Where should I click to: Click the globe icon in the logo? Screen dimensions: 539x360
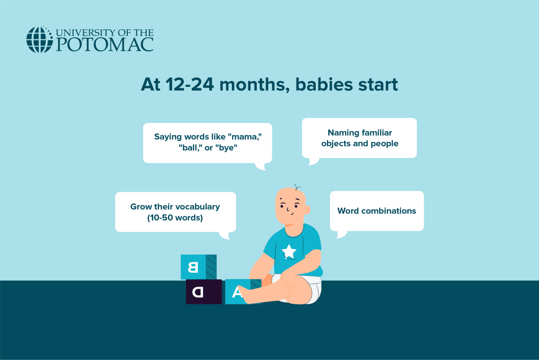pyautogui.click(x=39, y=39)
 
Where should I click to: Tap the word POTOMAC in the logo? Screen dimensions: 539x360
pyautogui.click(x=105, y=44)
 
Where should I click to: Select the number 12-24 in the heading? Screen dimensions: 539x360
pyautogui.click(x=189, y=85)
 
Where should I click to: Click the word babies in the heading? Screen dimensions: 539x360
pyautogui.click(x=324, y=85)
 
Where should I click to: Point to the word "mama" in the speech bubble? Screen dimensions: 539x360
pyautogui.click(x=245, y=137)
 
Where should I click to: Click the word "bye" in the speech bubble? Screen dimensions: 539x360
pyautogui.click(x=226, y=148)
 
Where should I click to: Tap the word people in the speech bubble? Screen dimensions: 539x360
pyautogui.click(x=384, y=144)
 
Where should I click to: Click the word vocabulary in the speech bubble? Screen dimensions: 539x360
pyautogui.click(x=201, y=207)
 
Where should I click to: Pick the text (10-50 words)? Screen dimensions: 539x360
pyautogui.click(x=175, y=218)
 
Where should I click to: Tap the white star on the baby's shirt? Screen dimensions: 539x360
pyautogui.click(x=289, y=251)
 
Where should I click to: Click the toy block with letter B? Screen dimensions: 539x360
pyautogui.click(x=199, y=267)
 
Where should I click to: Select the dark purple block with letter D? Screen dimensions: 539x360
pyautogui.click(x=204, y=292)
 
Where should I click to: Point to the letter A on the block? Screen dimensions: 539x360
pyautogui.click(x=237, y=292)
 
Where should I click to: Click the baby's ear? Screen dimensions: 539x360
pyautogui.click(x=307, y=209)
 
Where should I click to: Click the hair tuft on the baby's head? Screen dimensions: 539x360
pyautogui.click(x=297, y=187)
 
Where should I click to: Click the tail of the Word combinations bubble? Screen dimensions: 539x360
pyautogui.click(x=341, y=235)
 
